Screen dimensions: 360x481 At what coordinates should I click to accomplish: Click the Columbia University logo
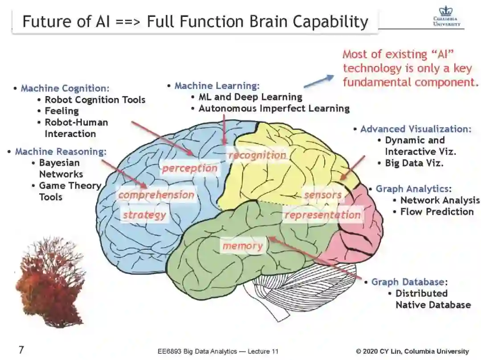[447, 17]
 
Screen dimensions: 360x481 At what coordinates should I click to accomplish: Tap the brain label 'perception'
[189, 168]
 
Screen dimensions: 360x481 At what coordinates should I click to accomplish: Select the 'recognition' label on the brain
[257, 155]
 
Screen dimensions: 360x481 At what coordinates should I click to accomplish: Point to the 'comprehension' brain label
[156, 195]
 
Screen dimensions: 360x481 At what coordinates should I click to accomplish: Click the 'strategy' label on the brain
[144, 215]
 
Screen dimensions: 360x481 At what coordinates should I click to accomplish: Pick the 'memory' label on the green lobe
[242, 246]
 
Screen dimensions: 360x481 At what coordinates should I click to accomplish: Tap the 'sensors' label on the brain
[323, 195]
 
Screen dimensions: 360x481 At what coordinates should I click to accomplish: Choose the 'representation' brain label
[323, 215]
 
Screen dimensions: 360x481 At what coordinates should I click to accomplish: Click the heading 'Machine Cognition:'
[65, 88]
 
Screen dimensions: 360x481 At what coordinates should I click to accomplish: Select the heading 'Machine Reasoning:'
[61, 151]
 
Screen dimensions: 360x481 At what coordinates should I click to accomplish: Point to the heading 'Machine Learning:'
[217, 85]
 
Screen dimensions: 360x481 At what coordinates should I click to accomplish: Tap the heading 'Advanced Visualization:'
[416, 129]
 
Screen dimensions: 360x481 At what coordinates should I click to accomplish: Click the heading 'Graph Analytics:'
[414, 189]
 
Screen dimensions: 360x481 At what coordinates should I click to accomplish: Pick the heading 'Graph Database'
[408, 282]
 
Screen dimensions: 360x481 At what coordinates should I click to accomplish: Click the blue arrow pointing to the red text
[318, 81]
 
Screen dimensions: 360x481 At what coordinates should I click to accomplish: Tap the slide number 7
[21, 350]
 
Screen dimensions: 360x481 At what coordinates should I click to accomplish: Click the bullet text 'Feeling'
[61, 111]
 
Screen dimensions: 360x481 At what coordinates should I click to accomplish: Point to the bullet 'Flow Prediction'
[436, 211]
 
